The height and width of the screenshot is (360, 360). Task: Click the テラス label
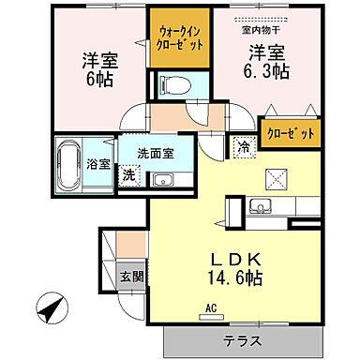(x=242, y=340)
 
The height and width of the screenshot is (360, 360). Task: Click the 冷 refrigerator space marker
(x=243, y=147)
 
